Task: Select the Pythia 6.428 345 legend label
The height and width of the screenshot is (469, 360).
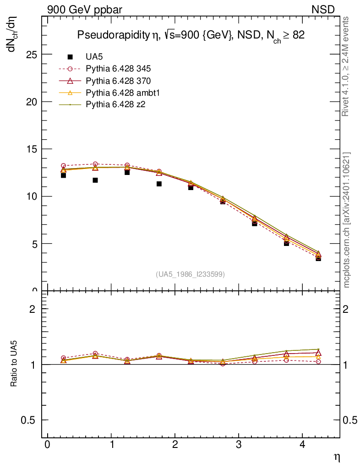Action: [x=118, y=69]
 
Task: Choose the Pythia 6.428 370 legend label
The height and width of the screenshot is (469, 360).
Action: [x=118, y=81]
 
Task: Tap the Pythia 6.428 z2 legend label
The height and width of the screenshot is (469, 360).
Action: [x=115, y=105]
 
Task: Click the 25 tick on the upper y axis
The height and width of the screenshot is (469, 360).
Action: [x=31, y=55]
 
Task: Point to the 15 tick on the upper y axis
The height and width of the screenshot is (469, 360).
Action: [x=31, y=149]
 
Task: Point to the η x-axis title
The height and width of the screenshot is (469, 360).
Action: [x=337, y=457]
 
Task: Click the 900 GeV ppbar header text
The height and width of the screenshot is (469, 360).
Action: [x=85, y=10]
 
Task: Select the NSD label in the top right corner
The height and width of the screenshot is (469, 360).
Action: [x=323, y=10]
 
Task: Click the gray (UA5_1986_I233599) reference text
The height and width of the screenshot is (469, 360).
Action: [x=190, y=274]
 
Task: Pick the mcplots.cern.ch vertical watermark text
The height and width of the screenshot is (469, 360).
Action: [x=347, y=219]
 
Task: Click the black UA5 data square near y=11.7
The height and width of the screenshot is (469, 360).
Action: [x=95, y=180]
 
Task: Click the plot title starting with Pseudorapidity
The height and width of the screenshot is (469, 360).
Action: [x=191, y=36]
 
